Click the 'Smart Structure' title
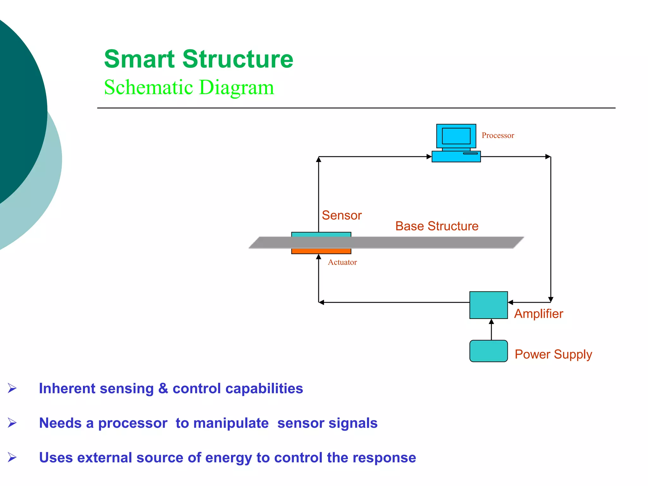coord(198,59)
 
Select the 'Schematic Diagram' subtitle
coord(189,87)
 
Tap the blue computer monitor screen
coord(456,136)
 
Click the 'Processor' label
coord(498,135)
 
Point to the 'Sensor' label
coord(341,215)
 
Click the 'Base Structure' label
coord(437,226)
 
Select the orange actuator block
coord(321,251)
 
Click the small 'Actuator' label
coord(342,262)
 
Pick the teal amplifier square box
coord(488,305)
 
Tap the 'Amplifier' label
coord(539,314)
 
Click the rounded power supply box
coord(488,351)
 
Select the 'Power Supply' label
coord(553,354)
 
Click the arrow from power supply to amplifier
coord(491,329)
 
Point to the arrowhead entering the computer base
coord(429,157)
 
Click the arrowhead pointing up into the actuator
coord(319,257)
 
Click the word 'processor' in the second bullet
coord(133,423)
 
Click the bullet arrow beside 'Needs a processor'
coord(12,423)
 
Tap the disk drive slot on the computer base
coord(470,153)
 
